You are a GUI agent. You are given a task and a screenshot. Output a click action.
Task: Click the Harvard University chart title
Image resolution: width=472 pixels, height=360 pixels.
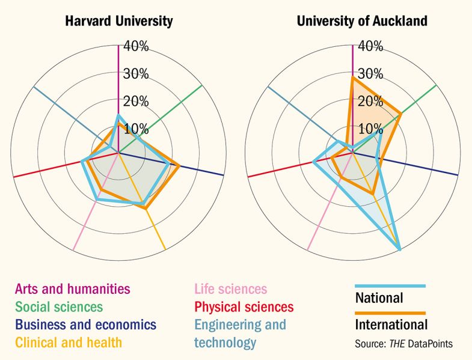pos(118,21)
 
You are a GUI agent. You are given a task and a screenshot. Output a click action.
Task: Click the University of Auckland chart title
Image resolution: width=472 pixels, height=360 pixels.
pos(362,21)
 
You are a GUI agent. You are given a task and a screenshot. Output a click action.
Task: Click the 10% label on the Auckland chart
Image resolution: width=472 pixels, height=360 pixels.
pos(370,129)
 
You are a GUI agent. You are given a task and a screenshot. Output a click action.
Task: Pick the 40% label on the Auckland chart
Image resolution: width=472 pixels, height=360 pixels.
pos(370,46)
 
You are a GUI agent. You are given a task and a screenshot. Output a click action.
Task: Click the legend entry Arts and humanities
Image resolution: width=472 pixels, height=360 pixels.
pos(72,289)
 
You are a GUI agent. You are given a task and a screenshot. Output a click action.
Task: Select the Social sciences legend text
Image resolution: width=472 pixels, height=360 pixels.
pos(59,307)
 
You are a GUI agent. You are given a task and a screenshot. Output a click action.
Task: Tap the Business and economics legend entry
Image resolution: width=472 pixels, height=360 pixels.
pos(85,325)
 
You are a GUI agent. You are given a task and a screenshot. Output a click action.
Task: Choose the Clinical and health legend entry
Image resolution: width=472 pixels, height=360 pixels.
pos(69,343)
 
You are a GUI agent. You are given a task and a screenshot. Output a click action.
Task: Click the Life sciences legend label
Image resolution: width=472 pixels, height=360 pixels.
pos(230,290)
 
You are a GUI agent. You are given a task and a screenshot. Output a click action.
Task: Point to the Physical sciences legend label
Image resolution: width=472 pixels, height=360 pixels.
pos(244,308)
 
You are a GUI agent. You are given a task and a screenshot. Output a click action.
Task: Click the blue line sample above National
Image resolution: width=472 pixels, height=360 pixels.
pos(390,286)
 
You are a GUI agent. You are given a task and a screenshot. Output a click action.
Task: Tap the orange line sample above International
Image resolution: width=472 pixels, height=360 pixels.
pos(390,313)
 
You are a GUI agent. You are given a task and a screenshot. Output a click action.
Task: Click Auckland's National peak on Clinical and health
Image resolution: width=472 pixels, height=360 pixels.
pos(400,249)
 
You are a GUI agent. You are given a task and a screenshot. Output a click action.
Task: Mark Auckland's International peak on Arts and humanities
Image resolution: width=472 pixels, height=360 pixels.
pos(352,77)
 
